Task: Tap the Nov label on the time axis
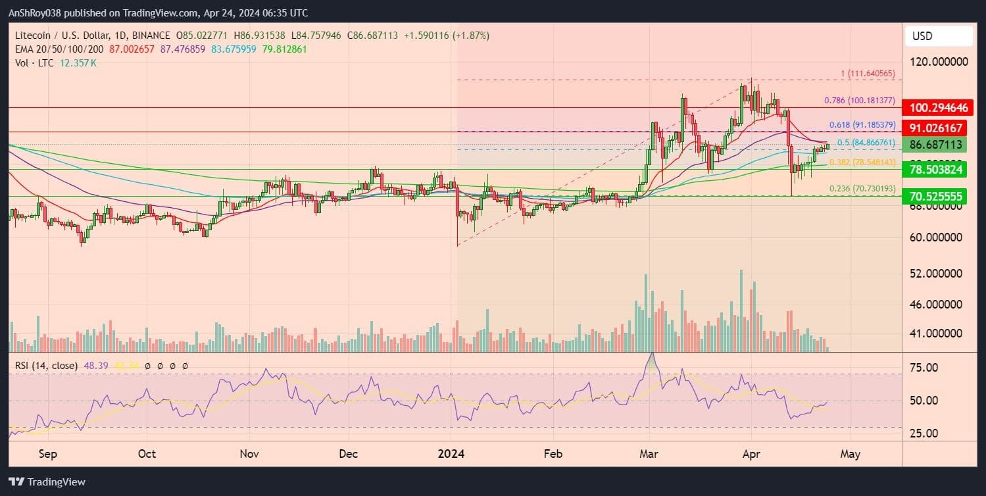point(249,454)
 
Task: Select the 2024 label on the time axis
point(451,454)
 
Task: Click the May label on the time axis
point(850,454)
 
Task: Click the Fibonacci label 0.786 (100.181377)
point(859,101)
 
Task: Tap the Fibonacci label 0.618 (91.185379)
point(861,124)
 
